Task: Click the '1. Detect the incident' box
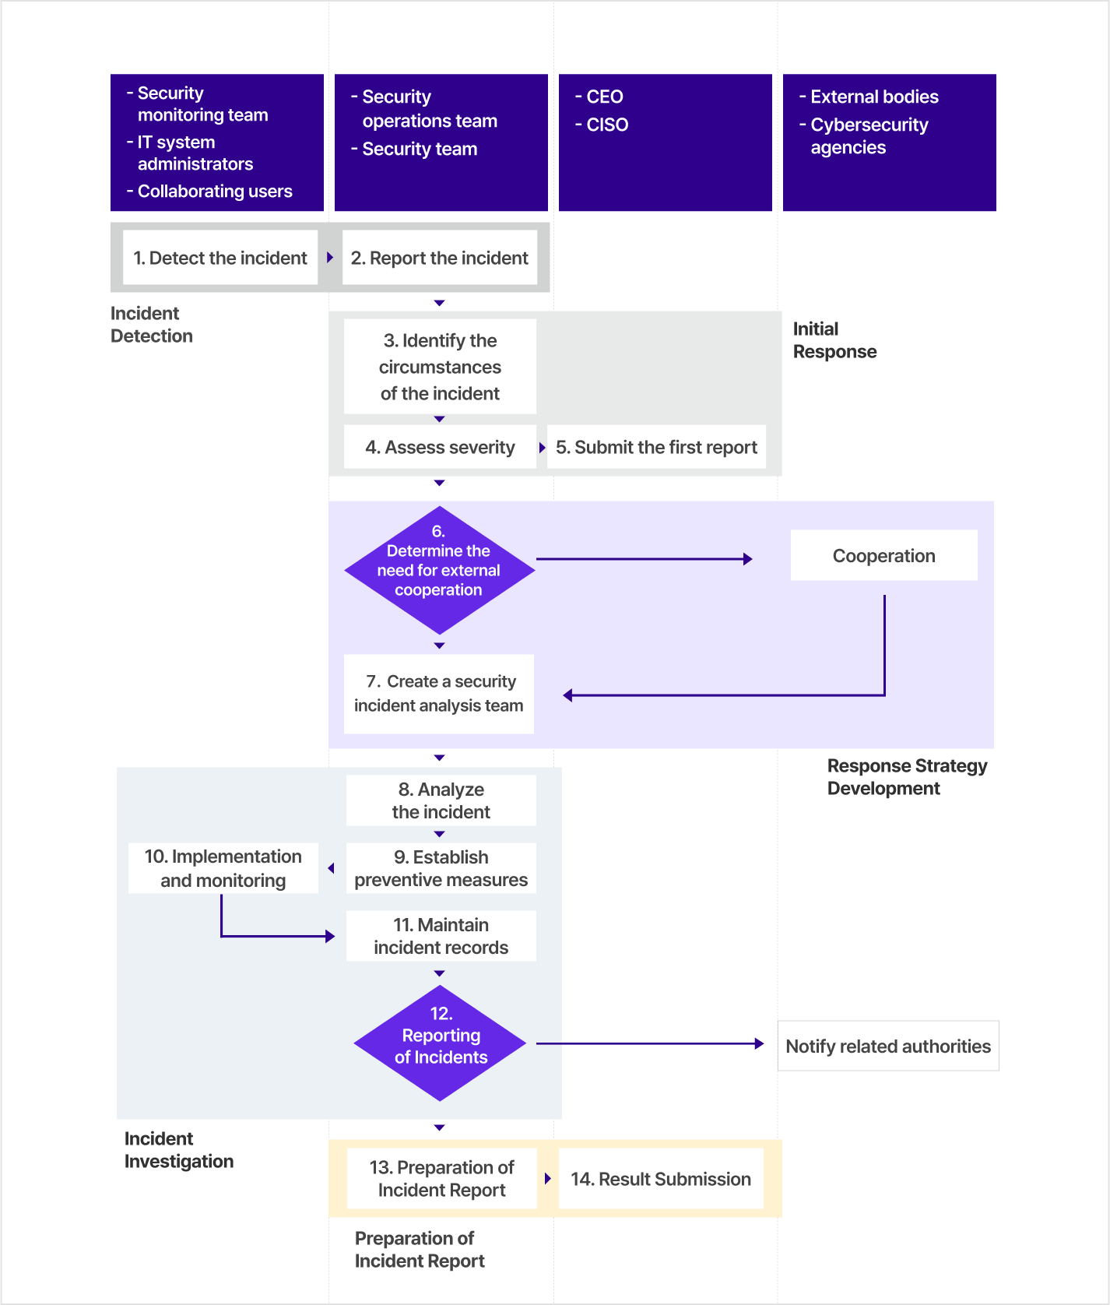point(220,258)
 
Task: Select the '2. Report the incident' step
point(440,258)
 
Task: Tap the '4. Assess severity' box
point(440,447)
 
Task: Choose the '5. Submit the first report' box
point(656,447)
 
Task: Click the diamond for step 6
point(440,570)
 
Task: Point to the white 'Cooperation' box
point(884,556)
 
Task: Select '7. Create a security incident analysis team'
point(439,694)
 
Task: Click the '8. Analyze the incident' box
point(441,800)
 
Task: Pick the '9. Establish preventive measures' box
point(441,868)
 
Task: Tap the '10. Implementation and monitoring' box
point(223,868)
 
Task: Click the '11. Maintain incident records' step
point(441,936)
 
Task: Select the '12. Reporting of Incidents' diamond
point(441,1043)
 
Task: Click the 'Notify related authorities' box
point(888,1046)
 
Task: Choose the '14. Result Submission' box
point(661,1179)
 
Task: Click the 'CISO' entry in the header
point(607,125)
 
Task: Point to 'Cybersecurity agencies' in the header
point(869,136)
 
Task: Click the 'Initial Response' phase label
point(834,340)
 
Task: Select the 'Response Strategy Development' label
point(907,777)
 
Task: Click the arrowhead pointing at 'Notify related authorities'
point(760,1043)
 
